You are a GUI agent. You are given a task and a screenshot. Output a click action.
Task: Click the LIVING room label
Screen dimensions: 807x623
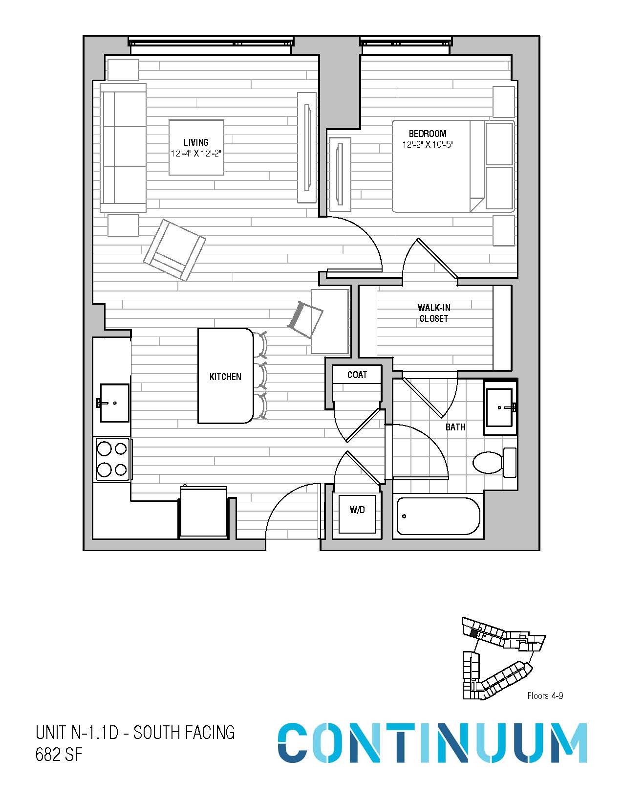[196, 142]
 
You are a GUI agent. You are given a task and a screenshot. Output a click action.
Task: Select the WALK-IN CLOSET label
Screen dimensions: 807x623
[433, 313]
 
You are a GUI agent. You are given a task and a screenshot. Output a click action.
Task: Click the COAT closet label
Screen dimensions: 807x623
[357, 375]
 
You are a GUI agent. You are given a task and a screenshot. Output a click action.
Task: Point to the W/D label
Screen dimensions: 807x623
[357, 510]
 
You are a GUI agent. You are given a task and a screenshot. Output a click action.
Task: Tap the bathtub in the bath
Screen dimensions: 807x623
[438, 516]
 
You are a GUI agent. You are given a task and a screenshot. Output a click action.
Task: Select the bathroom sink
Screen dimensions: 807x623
[500, 407]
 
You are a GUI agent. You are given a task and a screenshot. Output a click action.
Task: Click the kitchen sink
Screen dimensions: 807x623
[115, 403]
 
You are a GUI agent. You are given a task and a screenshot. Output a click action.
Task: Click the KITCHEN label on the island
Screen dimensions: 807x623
[225, 377]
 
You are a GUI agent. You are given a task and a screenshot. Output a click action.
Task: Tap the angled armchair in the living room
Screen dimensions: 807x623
[174, 250]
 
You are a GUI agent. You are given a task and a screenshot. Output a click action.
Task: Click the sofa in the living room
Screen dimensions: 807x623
[123, 148]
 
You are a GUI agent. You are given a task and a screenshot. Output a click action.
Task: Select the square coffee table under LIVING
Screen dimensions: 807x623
[196, 148]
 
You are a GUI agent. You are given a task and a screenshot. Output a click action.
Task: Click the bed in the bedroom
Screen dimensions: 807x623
[452, 166]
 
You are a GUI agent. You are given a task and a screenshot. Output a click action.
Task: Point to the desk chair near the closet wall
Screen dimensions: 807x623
[305, 319]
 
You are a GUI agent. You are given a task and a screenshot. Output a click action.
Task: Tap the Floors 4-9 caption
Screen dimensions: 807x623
[545, 695]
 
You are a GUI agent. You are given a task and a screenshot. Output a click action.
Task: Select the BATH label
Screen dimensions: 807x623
[455, 427]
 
